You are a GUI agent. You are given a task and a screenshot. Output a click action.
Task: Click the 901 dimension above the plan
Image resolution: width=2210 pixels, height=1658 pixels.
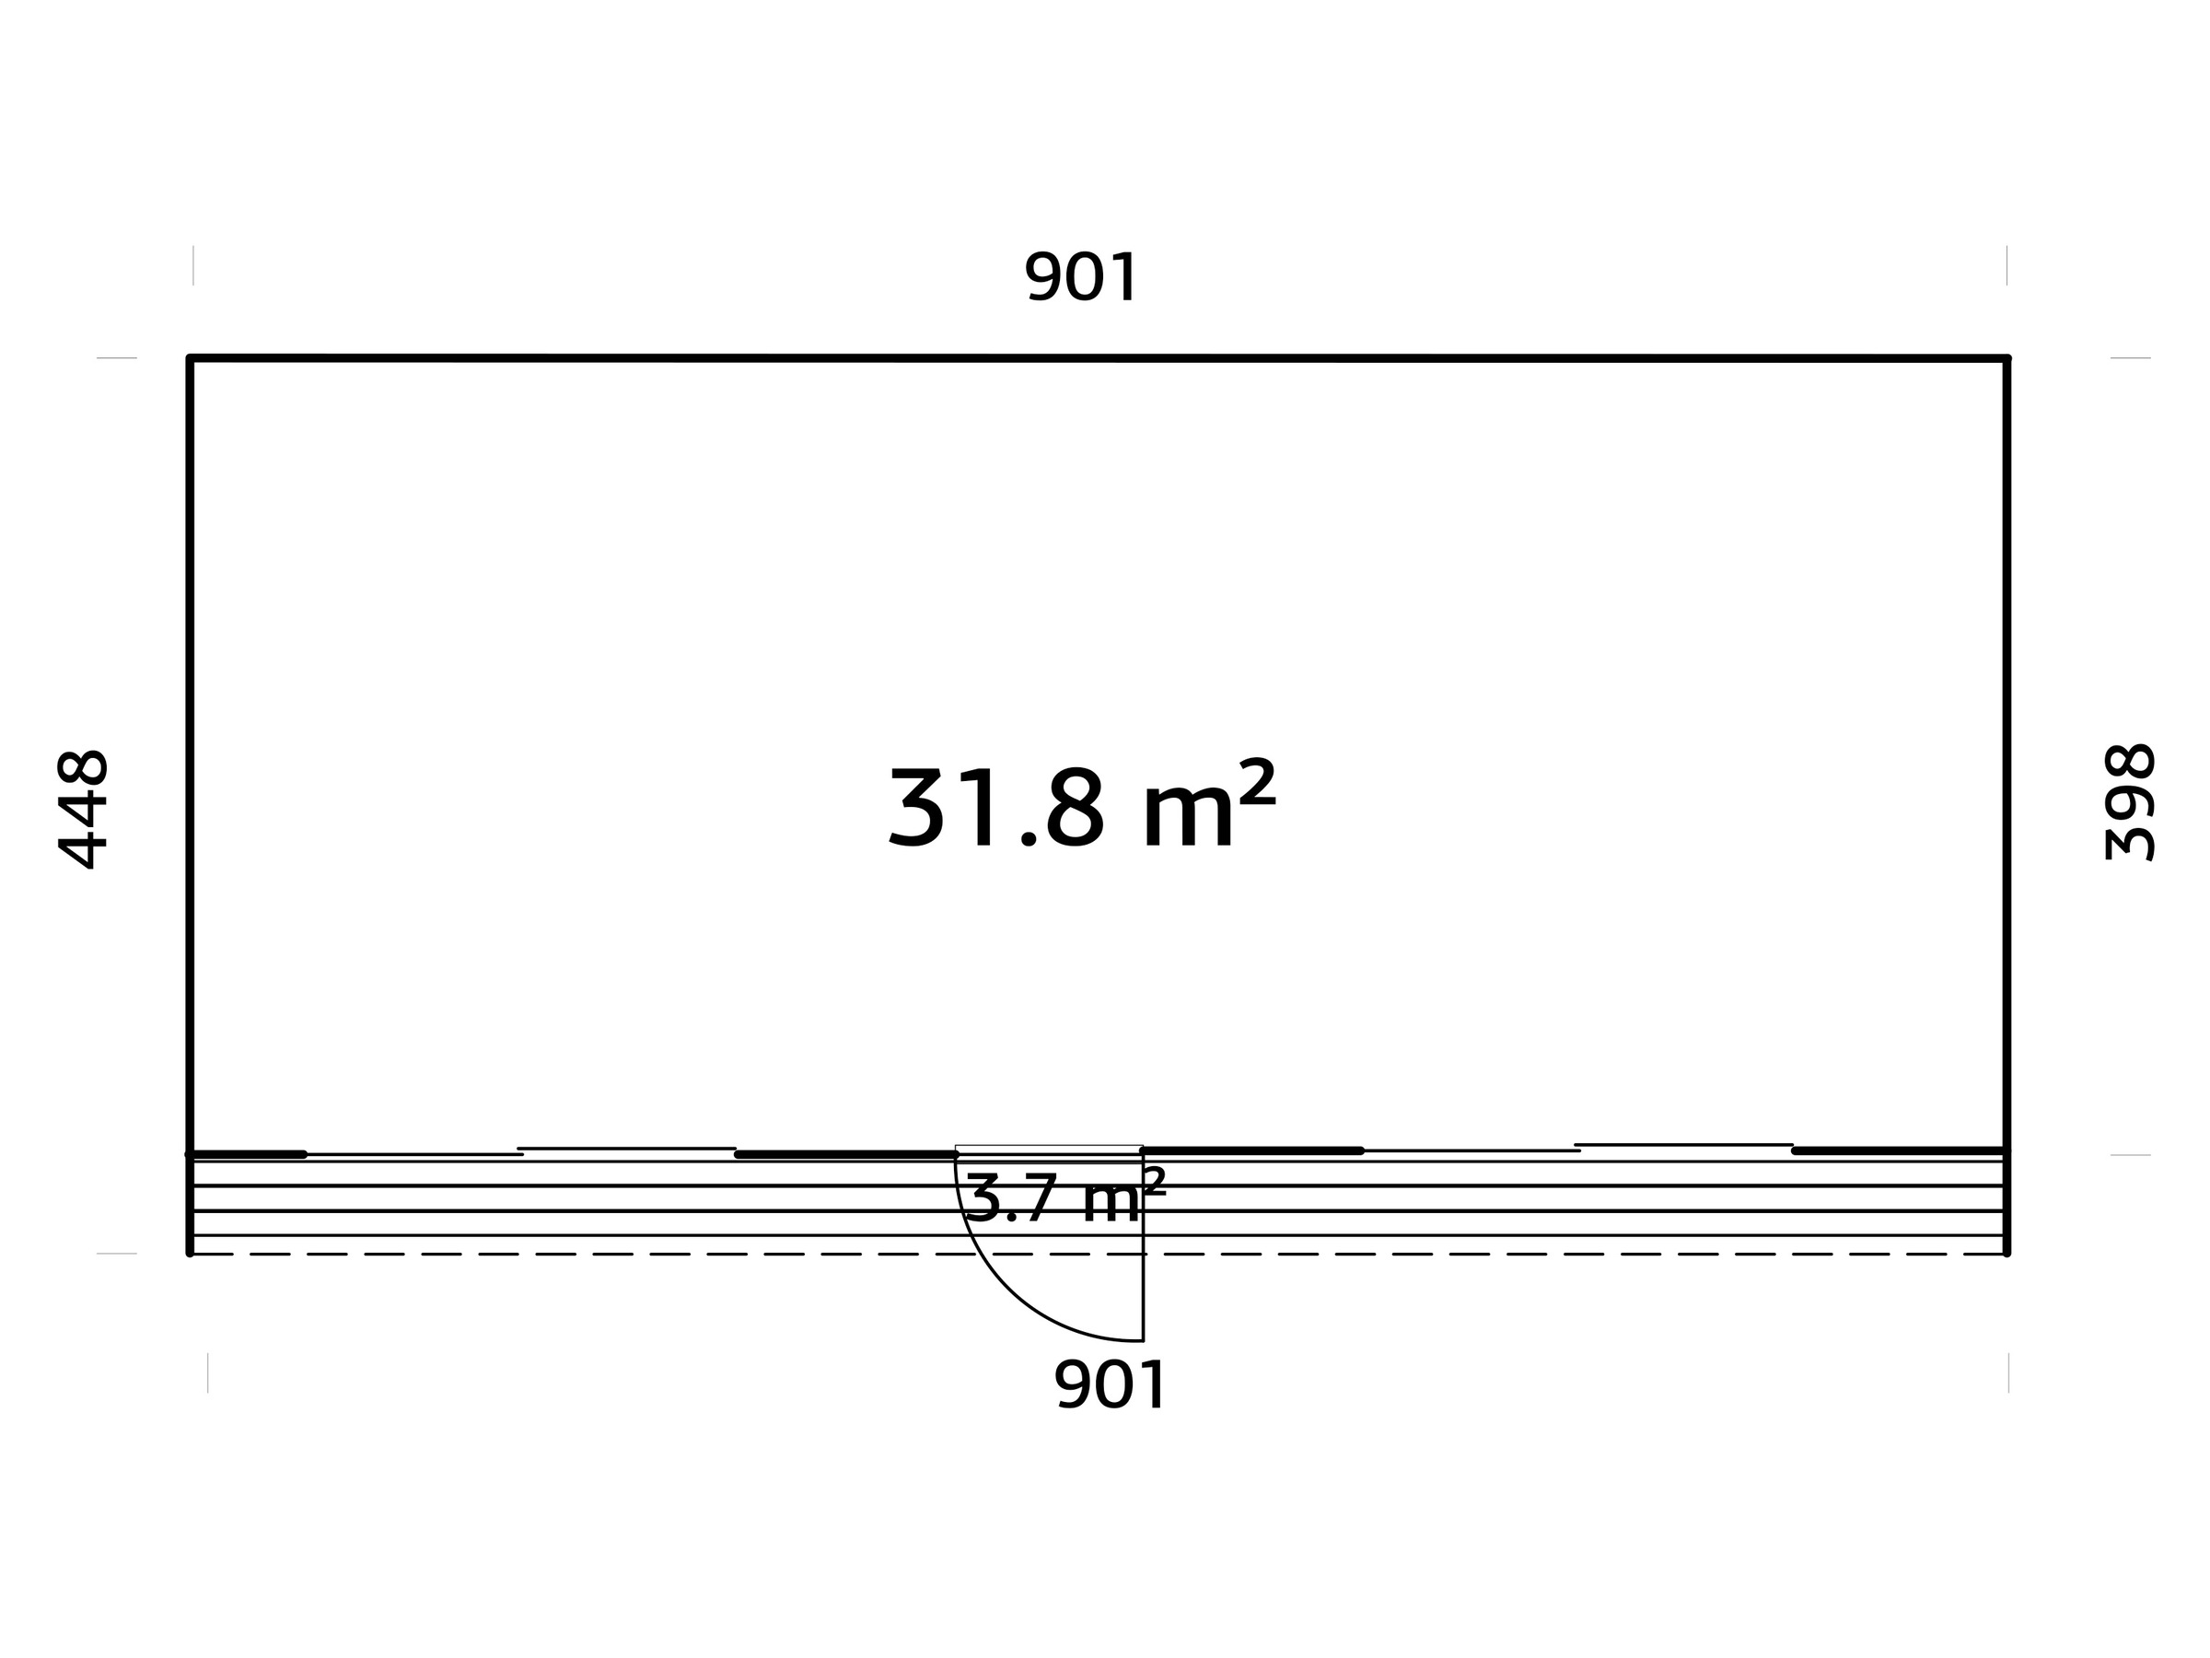1081,277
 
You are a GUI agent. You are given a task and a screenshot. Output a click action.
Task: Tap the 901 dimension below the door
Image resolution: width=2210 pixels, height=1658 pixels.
1110,1385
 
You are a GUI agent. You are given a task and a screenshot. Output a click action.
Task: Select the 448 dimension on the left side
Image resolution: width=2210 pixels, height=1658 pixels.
83,809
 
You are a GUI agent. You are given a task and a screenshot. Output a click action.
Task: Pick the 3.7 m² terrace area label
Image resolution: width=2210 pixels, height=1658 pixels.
1065,1197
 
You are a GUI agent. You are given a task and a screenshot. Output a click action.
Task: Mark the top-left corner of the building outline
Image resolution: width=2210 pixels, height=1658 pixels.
190,357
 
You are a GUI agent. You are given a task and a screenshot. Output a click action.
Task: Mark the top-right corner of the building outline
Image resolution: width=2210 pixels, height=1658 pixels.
2007,357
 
